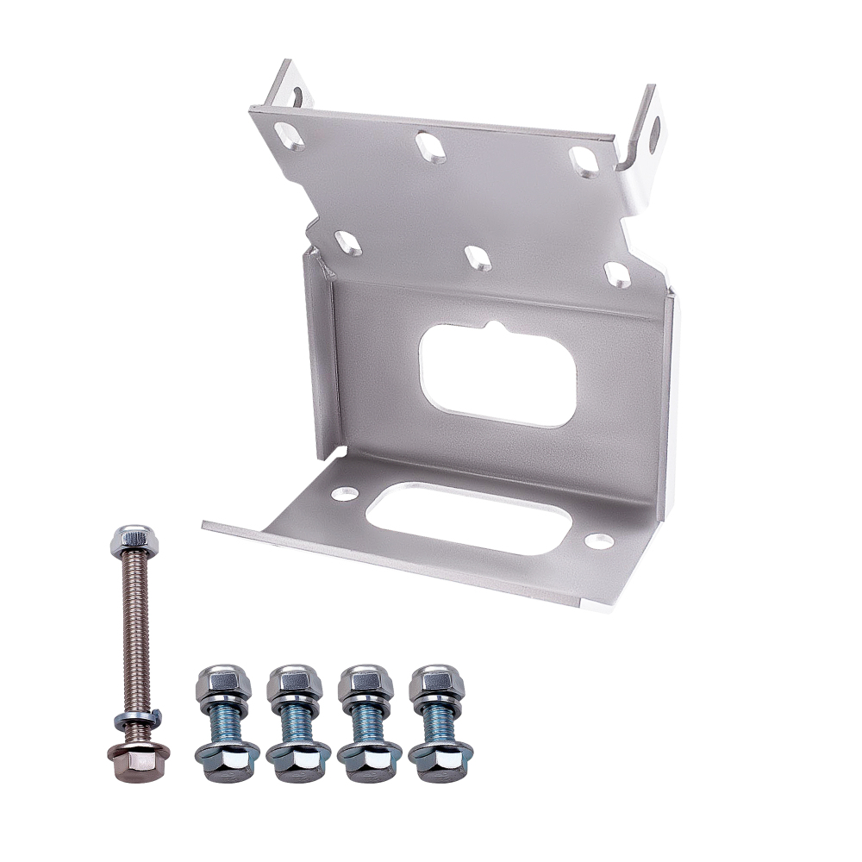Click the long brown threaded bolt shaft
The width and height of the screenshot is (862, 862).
133,629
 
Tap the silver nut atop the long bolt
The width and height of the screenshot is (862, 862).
128,540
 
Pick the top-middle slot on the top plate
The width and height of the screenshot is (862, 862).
430,147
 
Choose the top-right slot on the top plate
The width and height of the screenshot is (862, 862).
584,160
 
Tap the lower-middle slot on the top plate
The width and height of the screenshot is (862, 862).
477,257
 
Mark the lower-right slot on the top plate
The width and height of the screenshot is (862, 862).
617,274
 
